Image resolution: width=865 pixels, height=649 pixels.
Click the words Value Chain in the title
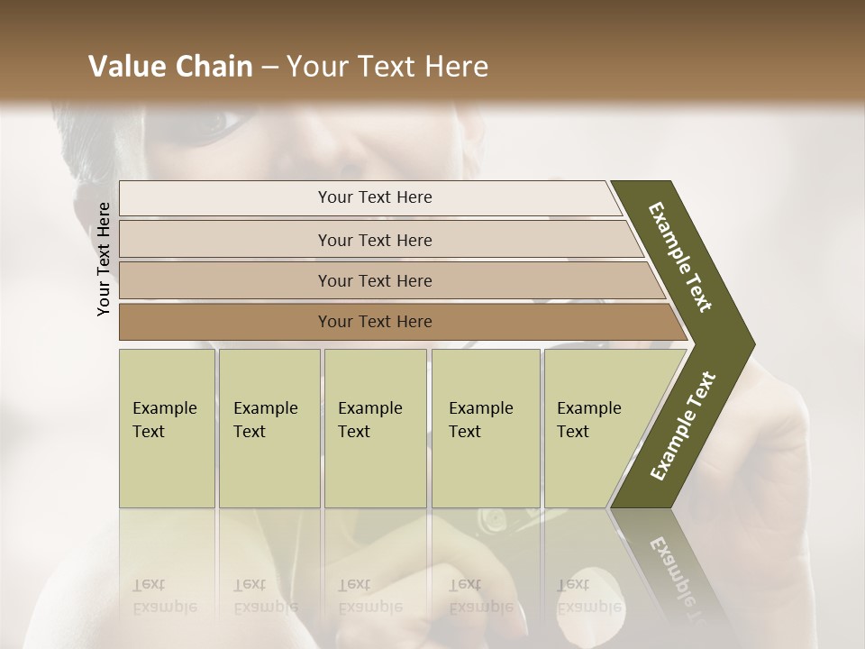point(170,67)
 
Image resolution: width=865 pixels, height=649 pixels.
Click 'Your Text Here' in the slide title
point(387,67)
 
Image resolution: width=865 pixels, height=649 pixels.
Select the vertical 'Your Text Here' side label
point(104,259)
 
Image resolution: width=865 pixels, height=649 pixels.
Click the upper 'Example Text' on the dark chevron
point(680,257)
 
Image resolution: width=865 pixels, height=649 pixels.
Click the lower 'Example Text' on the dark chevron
point(683,426)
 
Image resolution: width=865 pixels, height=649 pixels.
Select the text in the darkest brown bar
point(375,322)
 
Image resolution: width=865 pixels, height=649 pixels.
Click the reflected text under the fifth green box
point(588,596)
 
